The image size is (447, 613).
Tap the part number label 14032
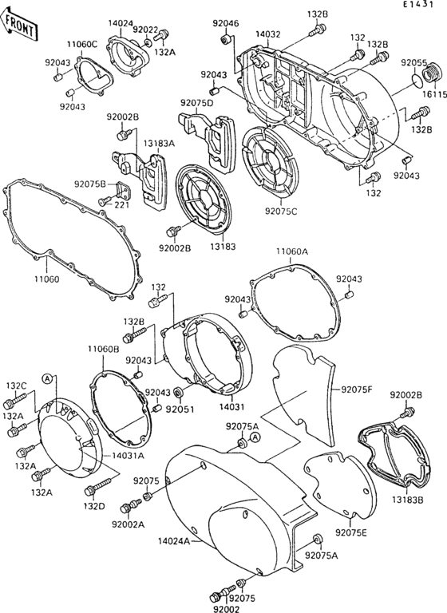[268, 35]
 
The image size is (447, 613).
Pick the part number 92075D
[197, 103]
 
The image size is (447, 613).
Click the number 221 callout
[121, 205]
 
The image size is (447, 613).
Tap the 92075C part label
[281, 212]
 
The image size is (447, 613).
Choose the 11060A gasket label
[292, 251]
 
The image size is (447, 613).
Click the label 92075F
[357, 390]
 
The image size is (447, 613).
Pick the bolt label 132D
[95, 506]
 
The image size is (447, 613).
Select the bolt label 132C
[16, 386]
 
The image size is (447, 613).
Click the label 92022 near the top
[145, 30]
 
